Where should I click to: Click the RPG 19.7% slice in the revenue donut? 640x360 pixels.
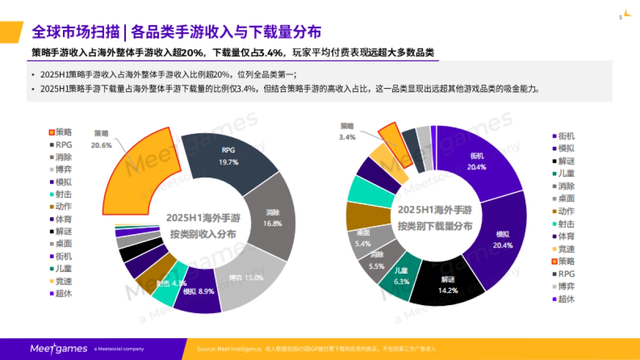[x=229, y=155]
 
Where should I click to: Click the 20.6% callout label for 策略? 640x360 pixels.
[x=101, y=145]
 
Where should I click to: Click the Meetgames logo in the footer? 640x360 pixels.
[x=58, y=349]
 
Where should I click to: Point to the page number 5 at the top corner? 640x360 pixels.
[x=620, y=18]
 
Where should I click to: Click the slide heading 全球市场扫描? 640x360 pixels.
[x=75, y=32]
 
